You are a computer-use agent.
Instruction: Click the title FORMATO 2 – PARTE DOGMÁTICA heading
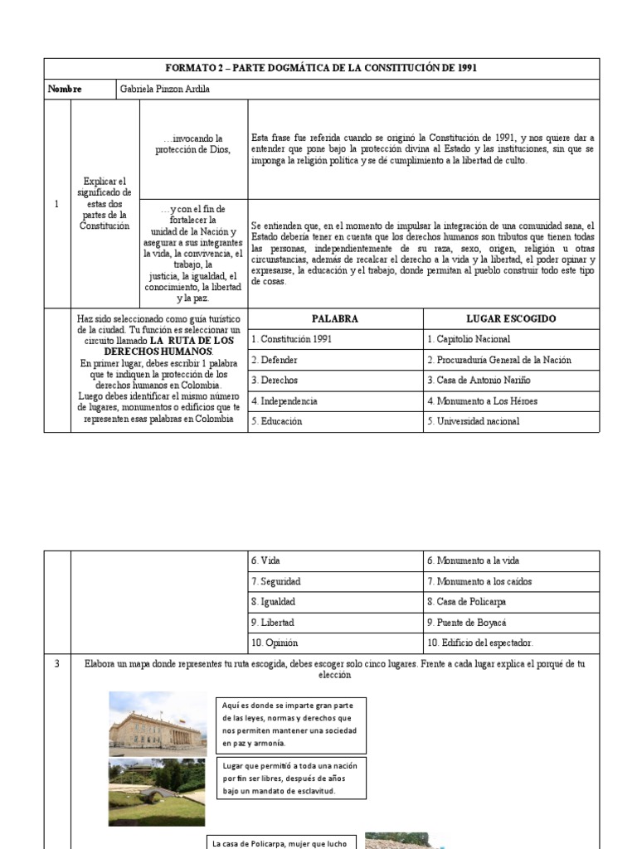click(321, 68)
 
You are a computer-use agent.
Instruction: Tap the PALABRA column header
click(335, 318)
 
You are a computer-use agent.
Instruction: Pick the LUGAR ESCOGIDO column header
click(511, 318)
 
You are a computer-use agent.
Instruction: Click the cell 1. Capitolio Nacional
click(469, 339)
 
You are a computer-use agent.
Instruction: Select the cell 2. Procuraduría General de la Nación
click(498, 360)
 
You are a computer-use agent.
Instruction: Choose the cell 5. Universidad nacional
click(474, 421)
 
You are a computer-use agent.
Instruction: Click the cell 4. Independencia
click(284, 400)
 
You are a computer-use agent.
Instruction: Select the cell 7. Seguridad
click(275, 581)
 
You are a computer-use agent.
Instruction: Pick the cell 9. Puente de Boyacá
click(466, 622)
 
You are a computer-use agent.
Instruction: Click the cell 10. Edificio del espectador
click(480, 643)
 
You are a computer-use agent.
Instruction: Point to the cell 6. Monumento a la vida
click(473, 560)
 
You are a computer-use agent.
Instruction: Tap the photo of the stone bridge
click(158, 792)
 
